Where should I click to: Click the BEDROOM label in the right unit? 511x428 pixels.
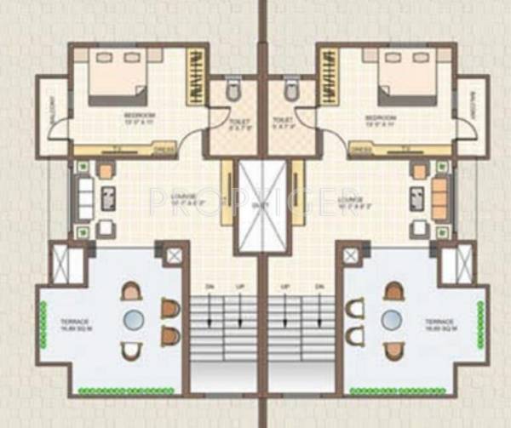coord(381,115)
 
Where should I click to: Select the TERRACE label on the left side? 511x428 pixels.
coord(73,322)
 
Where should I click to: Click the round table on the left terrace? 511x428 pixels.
coord(135,320)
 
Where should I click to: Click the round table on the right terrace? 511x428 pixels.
coord(391,320)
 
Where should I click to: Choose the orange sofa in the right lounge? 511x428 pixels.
coord(439,200)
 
